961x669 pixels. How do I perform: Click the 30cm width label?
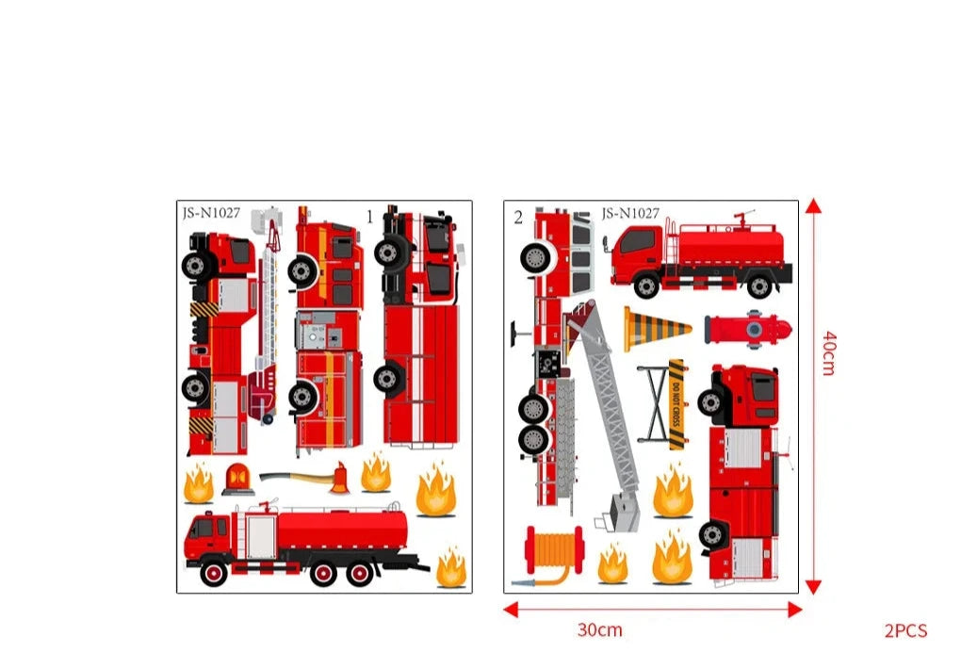pyautogui.click(x=599, y=629)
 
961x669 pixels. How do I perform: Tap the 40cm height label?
pyautogui.click(x=828, y=353)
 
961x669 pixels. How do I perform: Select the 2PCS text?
pyautogui.click(x=905, y=630)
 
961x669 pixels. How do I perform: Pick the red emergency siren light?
pyautogui.click(x=237, y=480)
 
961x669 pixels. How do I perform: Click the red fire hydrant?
pyautogui.click(x=748, y=330)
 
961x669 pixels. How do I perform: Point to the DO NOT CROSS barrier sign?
pyautogui.click(x=676, y=404)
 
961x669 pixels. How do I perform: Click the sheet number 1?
pyautogui.click(x=369, y=217)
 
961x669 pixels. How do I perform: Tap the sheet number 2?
pyautogui.click(x=518, y=217)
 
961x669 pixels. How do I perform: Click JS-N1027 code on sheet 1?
pyautogui.click(x=211, y=213)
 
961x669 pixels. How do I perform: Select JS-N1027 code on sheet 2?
pyautogui.click(x=630, y=213)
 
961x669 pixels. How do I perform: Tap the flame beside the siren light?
pyautogui.click(x=199, y=483)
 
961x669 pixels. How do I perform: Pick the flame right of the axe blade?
pyautogui.click(x=376, y=472)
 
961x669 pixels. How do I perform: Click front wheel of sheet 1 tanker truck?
pyautogui.click(x=213, y=572)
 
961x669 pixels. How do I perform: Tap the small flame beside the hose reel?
pyautogui.click(x=612, y=563)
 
